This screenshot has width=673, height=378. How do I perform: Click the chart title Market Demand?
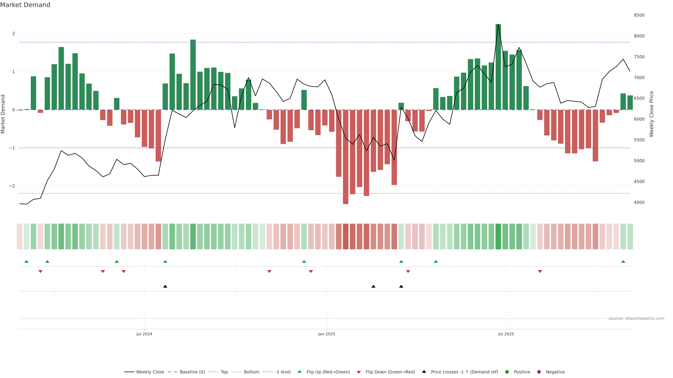(x=25, y=5)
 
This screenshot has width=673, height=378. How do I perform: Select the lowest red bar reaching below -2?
(x=345, y=156)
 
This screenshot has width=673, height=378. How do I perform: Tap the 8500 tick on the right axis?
(x=639, y=15)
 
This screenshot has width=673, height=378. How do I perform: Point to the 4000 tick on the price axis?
(x=639, y=202)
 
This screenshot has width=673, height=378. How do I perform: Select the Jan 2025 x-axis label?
(x=327, y=334)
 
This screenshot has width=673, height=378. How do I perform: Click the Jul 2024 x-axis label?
(x=144, y=334)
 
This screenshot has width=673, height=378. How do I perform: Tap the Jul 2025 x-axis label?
(x=506, y=334)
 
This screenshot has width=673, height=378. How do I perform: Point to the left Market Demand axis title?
(x=3, y=114)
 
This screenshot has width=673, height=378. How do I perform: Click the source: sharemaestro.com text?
(x=636, y=318)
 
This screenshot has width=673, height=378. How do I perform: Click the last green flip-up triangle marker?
(x=623, y=261)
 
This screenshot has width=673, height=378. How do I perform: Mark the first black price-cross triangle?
(x=165, y=286)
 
